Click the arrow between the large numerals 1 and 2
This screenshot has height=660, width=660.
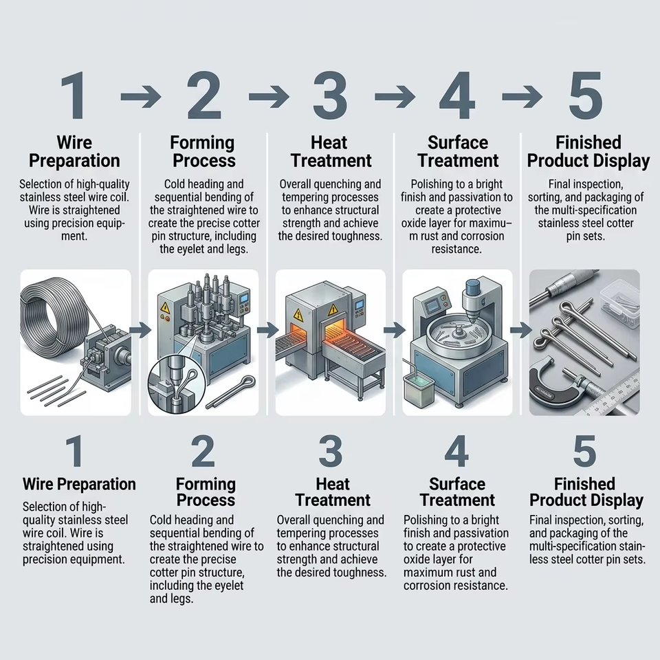(140, 97)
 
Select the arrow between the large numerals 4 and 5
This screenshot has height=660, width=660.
(522, 97)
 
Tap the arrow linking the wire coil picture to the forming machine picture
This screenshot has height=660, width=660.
(140, 330)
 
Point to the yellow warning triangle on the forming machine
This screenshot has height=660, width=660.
(165, 308)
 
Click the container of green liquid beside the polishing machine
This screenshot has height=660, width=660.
(419, 389)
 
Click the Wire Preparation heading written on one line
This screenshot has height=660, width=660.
(79, 484)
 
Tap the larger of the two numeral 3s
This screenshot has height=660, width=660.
(331, 96)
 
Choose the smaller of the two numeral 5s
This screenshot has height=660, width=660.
(585, 451)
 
